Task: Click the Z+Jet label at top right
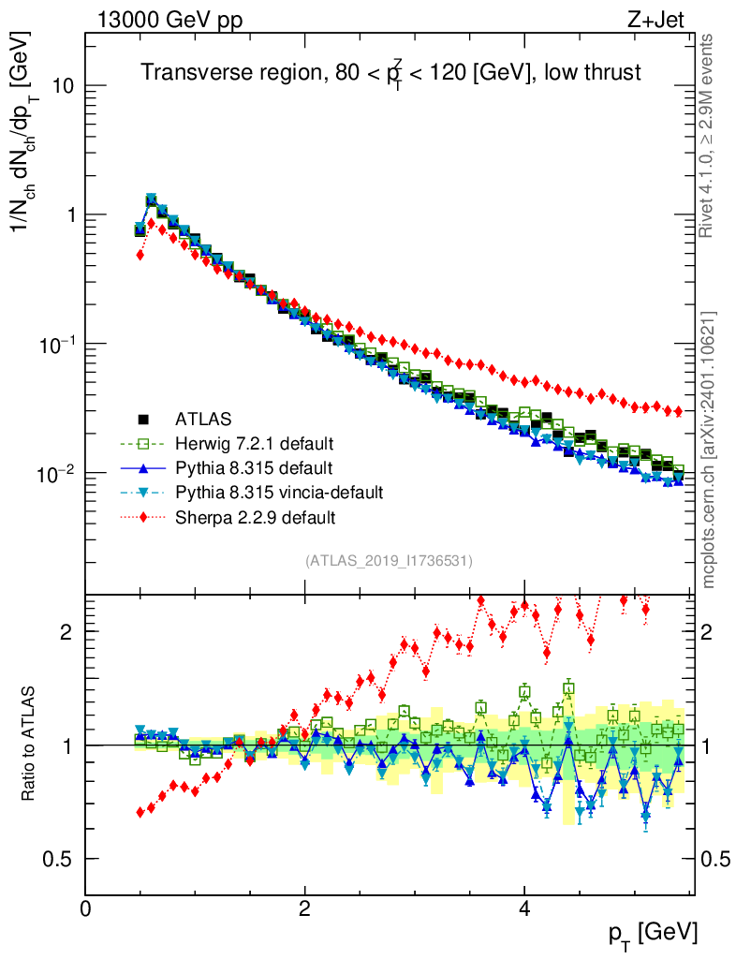669,19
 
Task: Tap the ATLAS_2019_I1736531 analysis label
389,561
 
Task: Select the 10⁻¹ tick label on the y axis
55,345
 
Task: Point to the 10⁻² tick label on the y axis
55,474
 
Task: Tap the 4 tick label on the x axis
524,908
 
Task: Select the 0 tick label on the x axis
86,908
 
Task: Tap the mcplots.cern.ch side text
710,450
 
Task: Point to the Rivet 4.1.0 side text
710,136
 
